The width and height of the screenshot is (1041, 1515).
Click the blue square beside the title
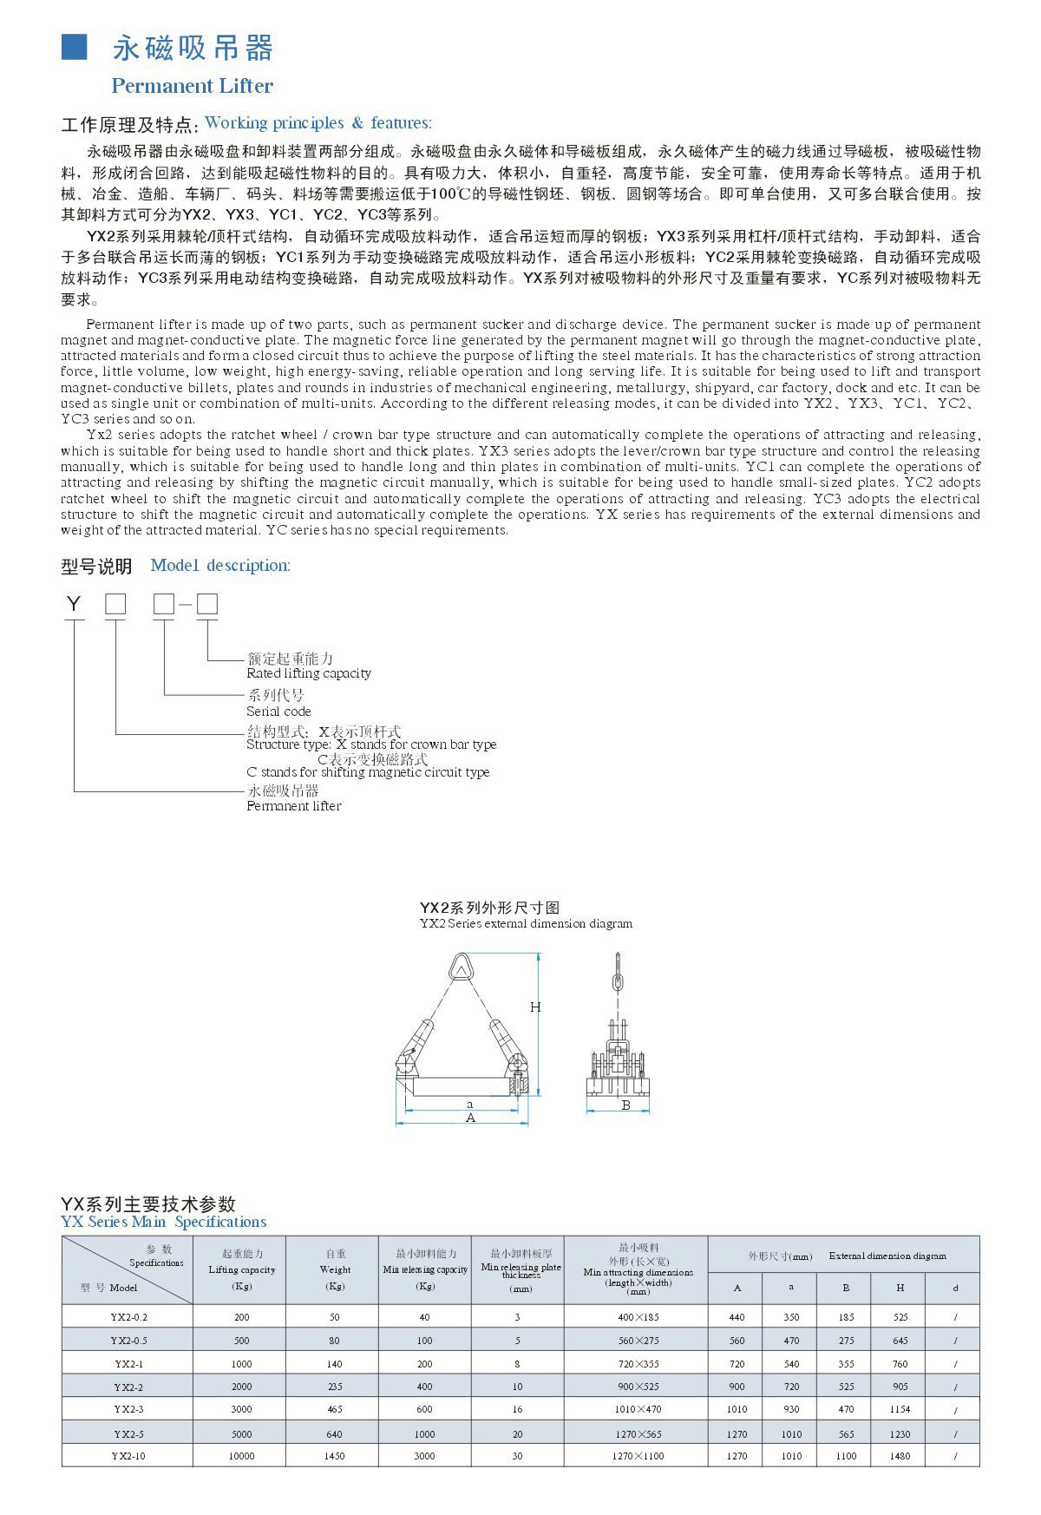tap(74, 48)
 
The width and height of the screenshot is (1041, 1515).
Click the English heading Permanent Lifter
tap(192, 86)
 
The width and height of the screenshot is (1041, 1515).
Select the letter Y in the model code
tap(74, 604)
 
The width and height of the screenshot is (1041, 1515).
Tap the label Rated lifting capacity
tap(308, 673)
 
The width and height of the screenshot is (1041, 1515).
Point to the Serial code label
tap(278, 712)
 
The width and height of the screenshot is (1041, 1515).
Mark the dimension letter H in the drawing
tap(535, 1007)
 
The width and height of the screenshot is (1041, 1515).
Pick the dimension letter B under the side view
tap(625, 1105)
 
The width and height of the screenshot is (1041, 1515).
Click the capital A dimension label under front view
tap(471, 1118)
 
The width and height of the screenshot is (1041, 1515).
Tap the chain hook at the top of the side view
tap(618, 972)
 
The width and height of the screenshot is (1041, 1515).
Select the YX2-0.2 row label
tap(128, 1317)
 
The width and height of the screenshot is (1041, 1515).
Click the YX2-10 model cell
tap(128, 1456)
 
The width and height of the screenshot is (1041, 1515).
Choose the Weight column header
tap(335, 1269)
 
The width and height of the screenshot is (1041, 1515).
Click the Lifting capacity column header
tap(241, 1269)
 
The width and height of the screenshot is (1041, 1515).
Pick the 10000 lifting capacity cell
tap(241, 1456)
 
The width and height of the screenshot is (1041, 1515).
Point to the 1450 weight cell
tap(335, 1456)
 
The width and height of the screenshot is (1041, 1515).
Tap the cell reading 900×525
tap(638, 1387)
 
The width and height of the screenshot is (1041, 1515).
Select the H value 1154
tap(900, 1410)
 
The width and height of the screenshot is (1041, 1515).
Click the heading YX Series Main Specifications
tap(164, 1223)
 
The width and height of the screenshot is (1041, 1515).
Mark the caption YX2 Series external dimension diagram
tap(526, 924)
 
